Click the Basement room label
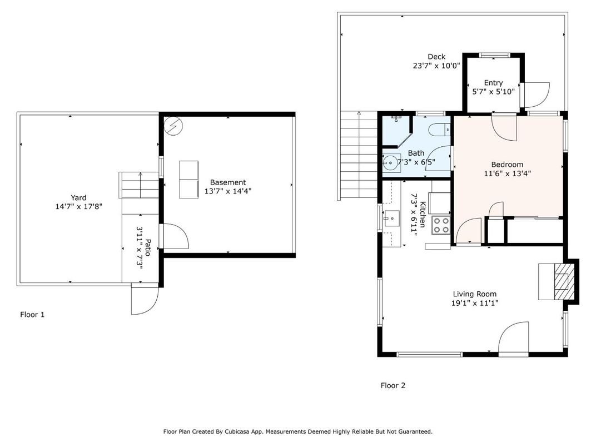227,182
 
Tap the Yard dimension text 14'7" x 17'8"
78,206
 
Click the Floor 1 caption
32,315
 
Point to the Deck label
436,57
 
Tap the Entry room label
493,83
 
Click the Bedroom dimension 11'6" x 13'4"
507,173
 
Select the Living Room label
474,294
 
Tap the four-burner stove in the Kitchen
441,225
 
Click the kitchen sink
392,218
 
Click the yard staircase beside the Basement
139,185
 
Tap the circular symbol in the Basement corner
172,126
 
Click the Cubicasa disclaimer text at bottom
297,431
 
